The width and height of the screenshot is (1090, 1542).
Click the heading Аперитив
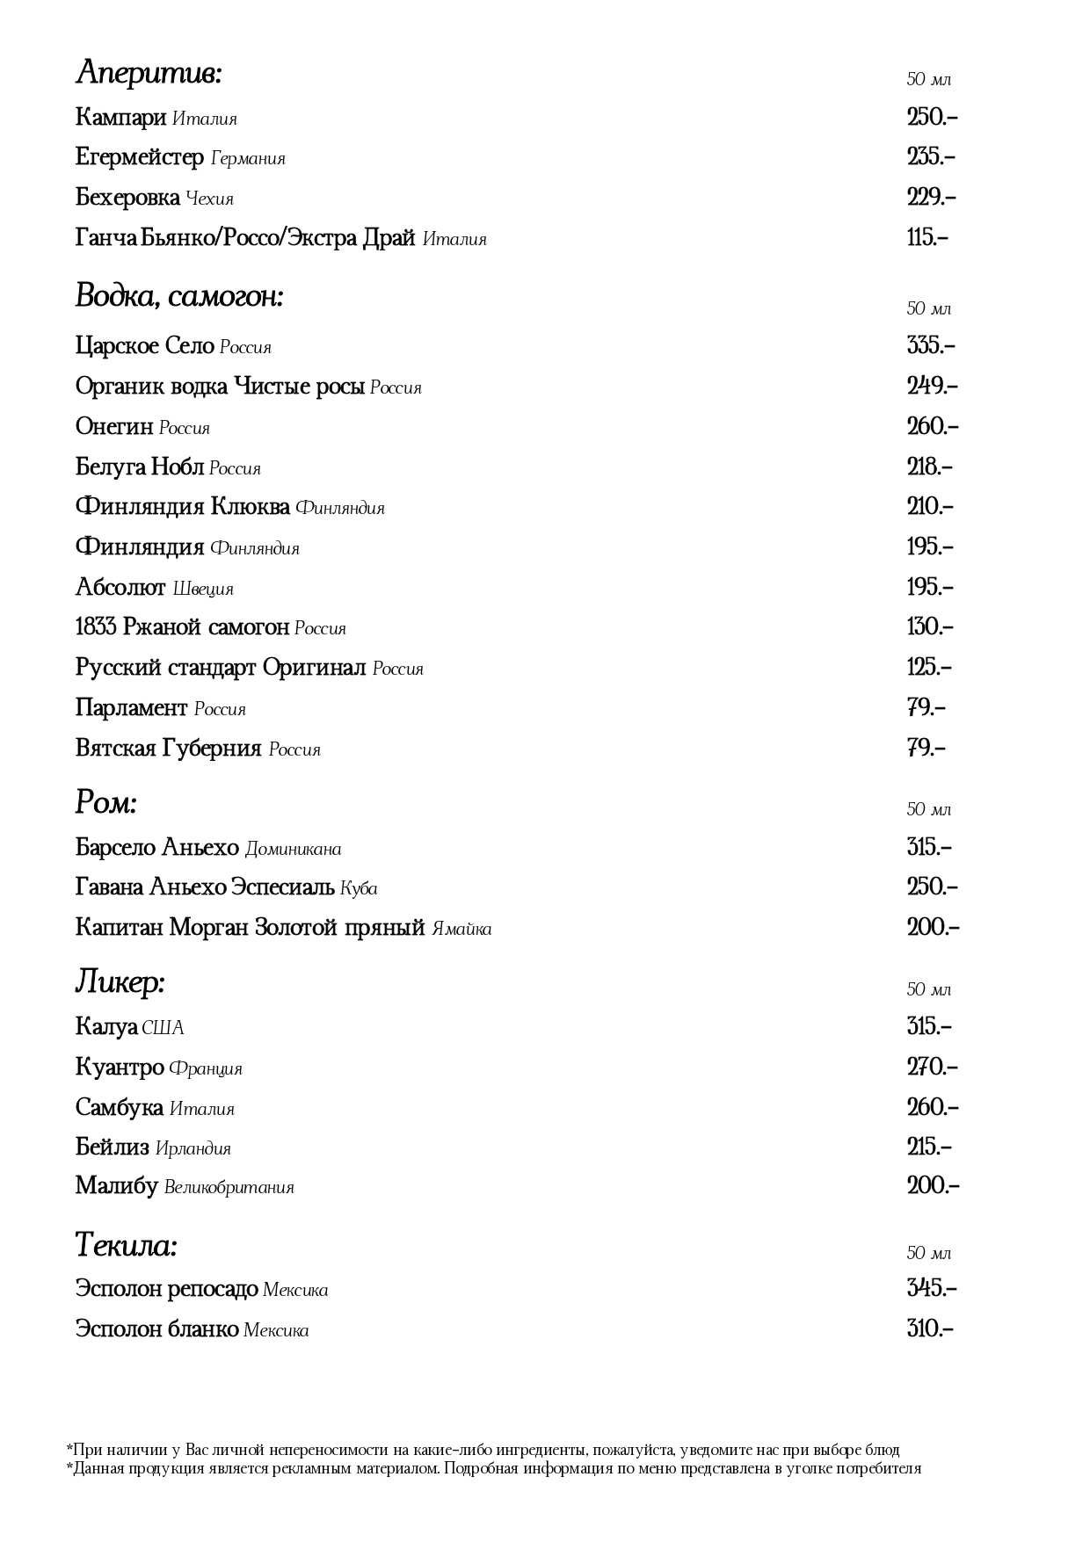(x=149, y=73)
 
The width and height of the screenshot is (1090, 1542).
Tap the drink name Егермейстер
(x=140, y=158)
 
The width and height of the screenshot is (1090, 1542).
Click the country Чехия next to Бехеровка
(x=210, y=199)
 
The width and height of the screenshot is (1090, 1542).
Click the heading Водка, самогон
(x=179, y=296)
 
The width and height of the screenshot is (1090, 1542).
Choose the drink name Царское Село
(x=145, y=346)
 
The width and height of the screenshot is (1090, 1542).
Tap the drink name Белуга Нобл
(x=140, y=467)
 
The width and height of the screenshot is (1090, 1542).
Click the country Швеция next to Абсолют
(x=203, y=589)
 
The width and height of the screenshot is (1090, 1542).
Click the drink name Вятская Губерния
(x=169, y=749)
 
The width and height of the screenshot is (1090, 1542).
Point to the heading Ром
(x=106, y=801)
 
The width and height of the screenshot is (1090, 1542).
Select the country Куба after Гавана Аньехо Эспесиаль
(x=359, y=888)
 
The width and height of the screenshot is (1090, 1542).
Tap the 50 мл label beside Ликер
(x=929, y=989)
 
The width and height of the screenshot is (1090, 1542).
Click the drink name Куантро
(x=120, y=1068)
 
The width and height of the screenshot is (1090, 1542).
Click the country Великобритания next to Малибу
(x=229, y=1188)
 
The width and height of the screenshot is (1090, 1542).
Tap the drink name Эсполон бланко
(x=157, y=1328)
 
